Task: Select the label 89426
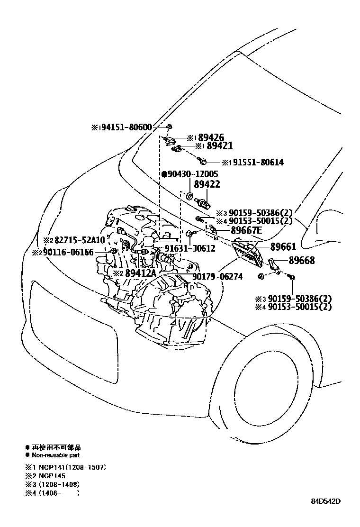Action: pyautogui.click(x=211, y=138)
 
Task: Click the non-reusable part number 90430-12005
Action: pyautogui.click(x=190, y=174)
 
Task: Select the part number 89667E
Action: pyautogui.click(x=246, y=231)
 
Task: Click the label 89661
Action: pyautogui.click(x=283, y=247)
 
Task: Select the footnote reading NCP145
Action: pyautogui.click(x=48, y=475)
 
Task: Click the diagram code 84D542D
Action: pyautogui.click(x=326, y=501)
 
